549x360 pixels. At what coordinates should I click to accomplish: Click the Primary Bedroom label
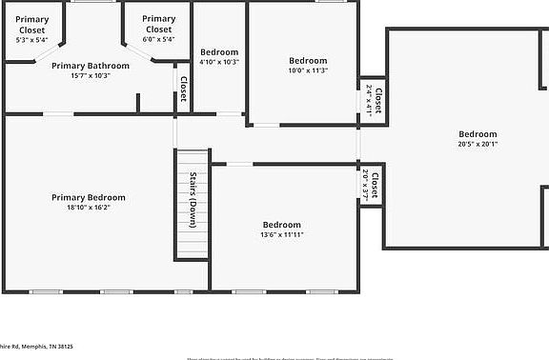[x=89, y=197]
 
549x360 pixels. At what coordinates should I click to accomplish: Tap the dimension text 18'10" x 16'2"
[x=89, y=208]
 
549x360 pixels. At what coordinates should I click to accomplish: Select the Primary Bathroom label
[x=89, y=66]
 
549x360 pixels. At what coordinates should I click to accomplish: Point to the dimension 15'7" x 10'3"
[x=89, y=75]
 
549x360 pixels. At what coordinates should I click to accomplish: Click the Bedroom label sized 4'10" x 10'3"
[x=219, y=51]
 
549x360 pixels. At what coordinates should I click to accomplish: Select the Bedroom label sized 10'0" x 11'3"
[x=308, y=60]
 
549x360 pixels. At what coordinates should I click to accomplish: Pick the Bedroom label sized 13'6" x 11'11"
[x=282, y=225]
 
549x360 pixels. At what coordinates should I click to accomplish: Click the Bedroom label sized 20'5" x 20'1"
[x=477, y=134]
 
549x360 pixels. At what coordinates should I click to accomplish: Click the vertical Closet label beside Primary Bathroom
[x=182, y=90]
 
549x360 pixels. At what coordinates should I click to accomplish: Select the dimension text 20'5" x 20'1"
[x=477, y=144]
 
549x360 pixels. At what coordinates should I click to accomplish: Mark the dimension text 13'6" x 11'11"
[x=282, y=235]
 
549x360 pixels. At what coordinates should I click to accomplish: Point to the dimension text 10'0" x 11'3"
[x=308, y=70]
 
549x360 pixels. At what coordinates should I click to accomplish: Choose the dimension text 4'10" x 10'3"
[x=219, y=61]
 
